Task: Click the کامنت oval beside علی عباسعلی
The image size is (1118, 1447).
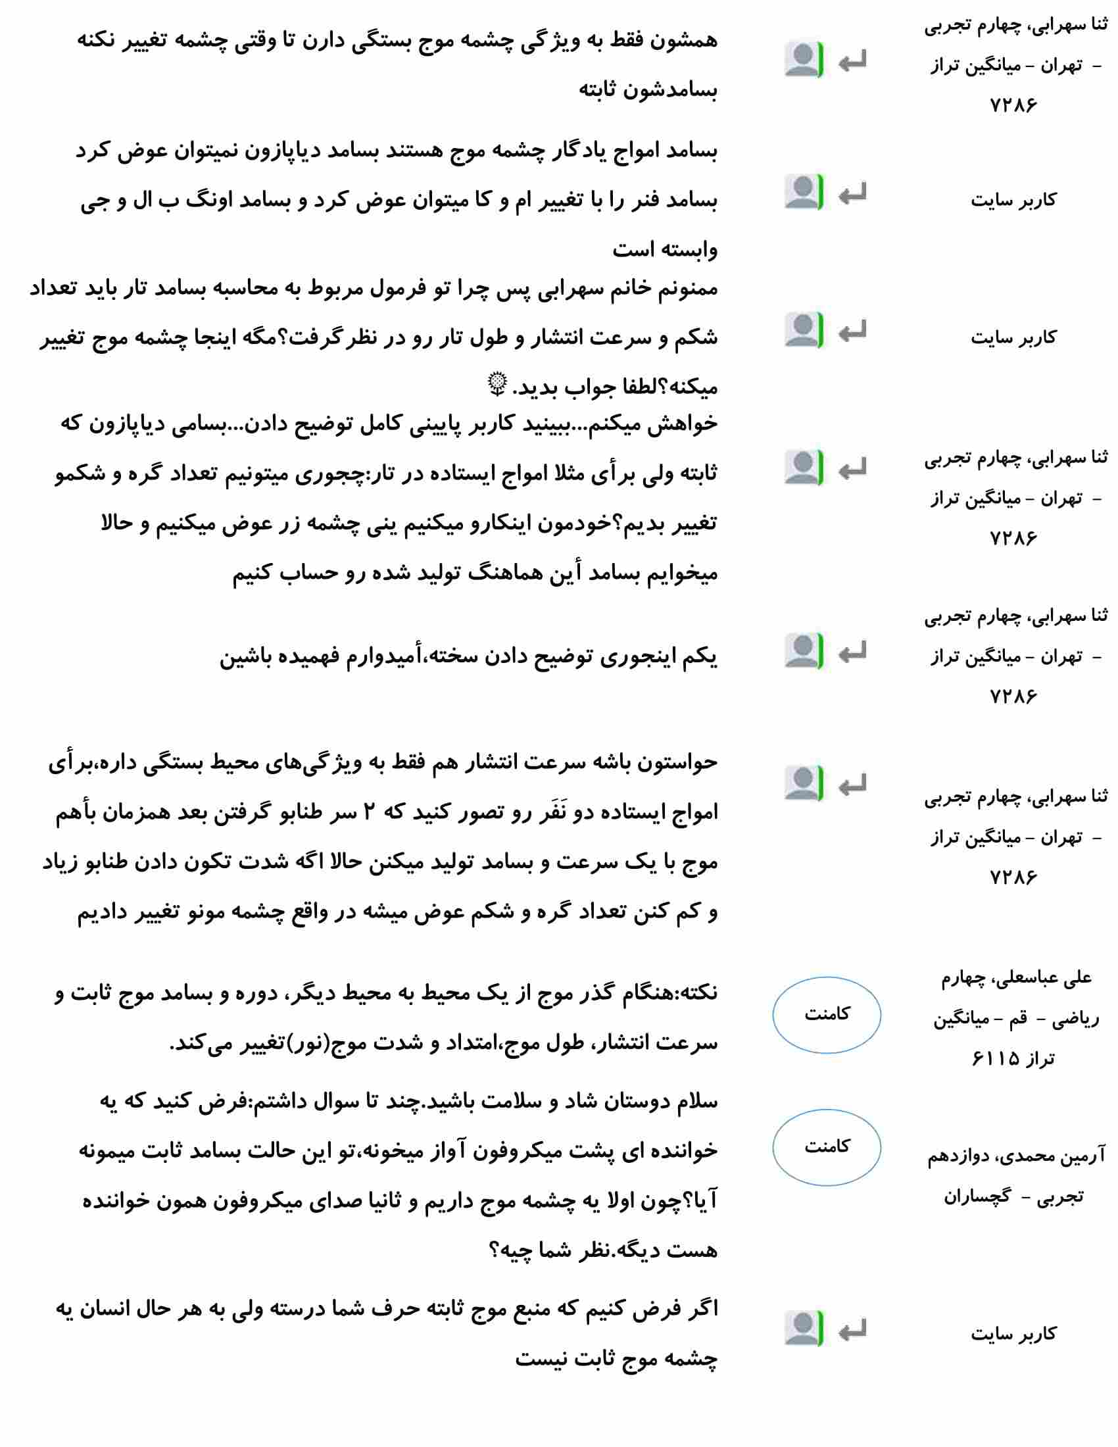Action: [x=826, y=1014]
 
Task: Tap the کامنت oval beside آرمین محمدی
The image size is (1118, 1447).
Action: [x=826, y=1147]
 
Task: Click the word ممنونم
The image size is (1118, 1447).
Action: [x=688, y=289]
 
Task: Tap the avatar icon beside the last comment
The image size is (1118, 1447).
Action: [x=804, y=1329]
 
